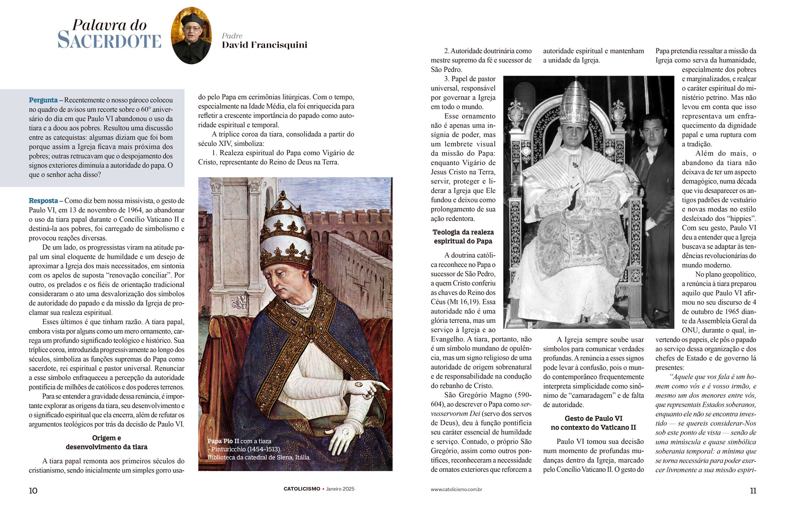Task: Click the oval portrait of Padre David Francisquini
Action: [x=191, y=36]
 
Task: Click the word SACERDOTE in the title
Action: [x=109, y=41]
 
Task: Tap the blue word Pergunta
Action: [x=43, y=100]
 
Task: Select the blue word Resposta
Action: [x=43, y=201]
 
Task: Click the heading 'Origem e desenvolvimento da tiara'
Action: [x=106, y=442]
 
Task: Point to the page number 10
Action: [x=33, y=491]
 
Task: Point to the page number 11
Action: [x=753, y=491]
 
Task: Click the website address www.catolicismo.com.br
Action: [x=456, y=489]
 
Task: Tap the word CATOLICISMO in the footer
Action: [x=302, y=489]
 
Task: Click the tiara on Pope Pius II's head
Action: [x=285, y=235]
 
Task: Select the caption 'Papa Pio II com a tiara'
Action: [x=239, y=441]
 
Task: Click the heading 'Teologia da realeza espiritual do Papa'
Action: [x=463, y=237]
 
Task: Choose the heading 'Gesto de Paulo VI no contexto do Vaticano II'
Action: [x=593, y=423]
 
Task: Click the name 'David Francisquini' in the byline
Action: [x=264, y=45]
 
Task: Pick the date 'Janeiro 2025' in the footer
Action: [x=340, y=489]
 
